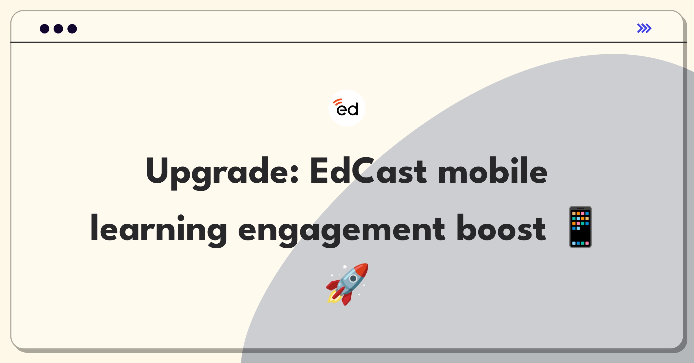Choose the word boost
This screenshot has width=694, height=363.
pos(501,228)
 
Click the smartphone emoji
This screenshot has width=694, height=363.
pos(580,227)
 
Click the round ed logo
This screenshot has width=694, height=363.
pos(347,108)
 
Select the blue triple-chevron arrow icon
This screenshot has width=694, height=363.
pos(644,28)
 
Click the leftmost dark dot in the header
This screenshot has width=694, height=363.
pos(45,29)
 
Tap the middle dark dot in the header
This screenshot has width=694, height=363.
pos(58,29)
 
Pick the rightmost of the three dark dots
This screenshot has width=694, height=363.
pos(72,29)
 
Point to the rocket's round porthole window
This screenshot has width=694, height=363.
pos(353,279)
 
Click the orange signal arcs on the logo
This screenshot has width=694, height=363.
pos(337,102)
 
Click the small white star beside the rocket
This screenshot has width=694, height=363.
pos(345,266)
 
